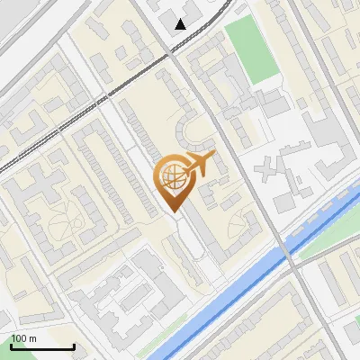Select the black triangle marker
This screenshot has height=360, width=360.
click(182, 23)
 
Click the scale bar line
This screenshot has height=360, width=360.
click(42, 346)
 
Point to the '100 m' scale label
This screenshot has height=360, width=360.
click(23, 338)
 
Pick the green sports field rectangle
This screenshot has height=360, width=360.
click(253, 49)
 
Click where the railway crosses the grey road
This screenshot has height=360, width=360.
click(170, 56)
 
